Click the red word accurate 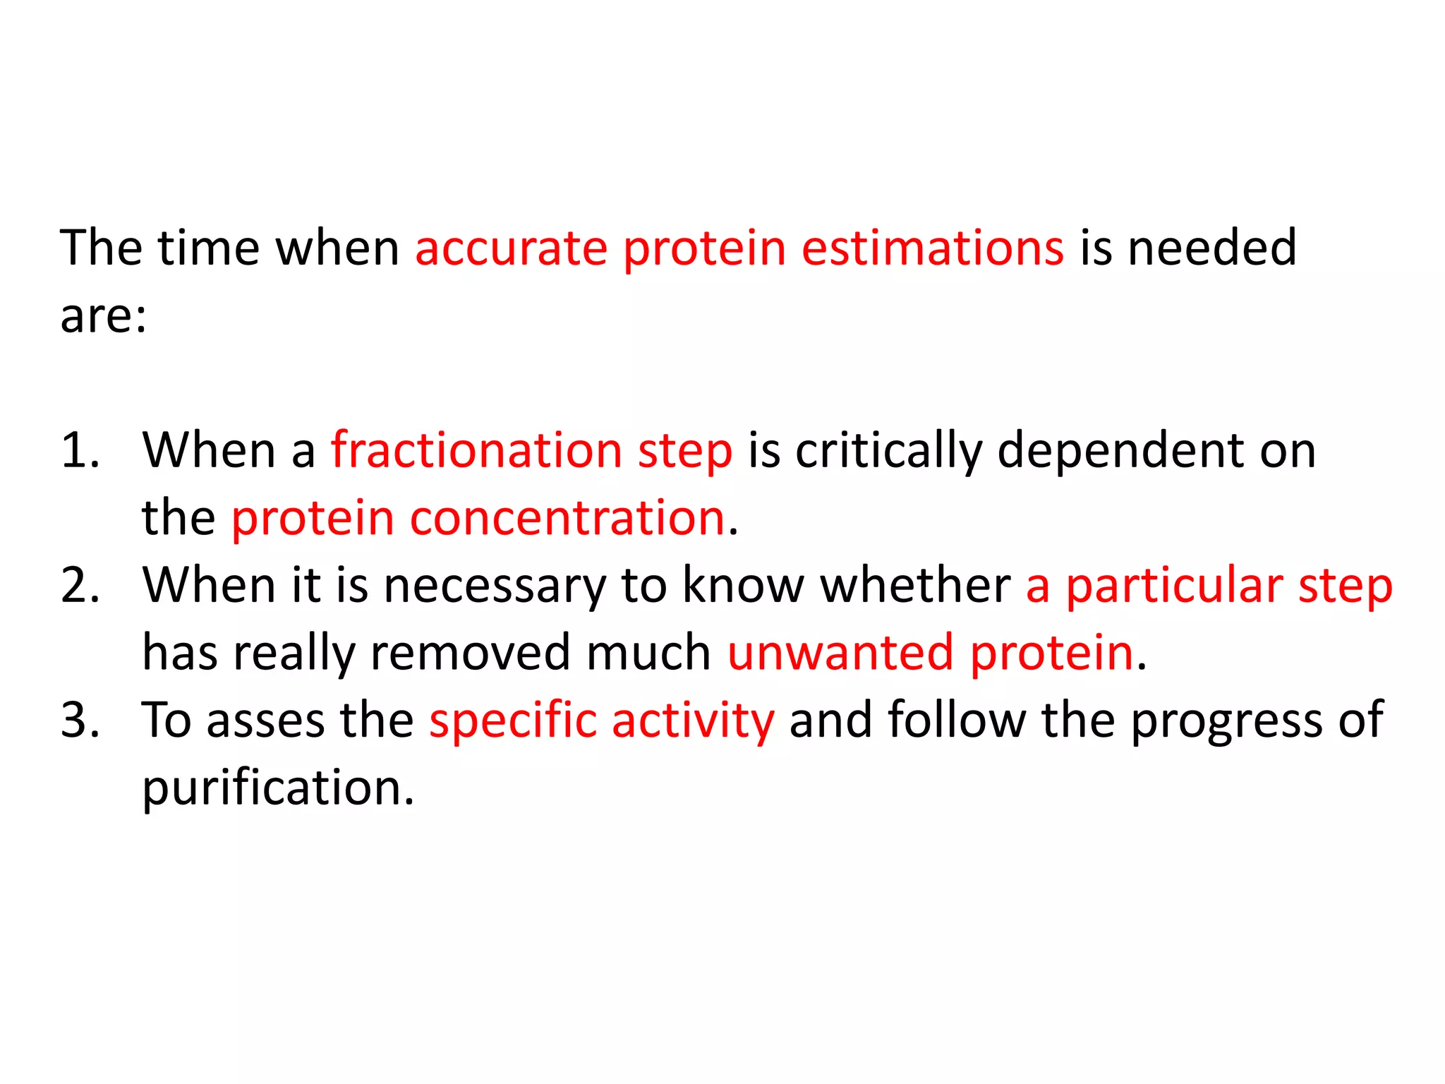511,249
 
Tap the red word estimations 932,249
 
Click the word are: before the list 104,317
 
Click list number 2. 79,586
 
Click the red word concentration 567,519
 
